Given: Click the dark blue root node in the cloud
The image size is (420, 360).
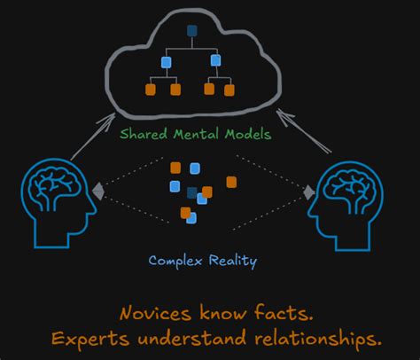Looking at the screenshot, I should pyautogui.click(x=191, y=32).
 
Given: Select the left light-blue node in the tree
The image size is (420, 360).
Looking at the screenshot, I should pyautogui.click(x=166, y=62).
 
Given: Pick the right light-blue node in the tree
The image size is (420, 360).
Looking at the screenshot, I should pyautogui.click(x=215, y=62).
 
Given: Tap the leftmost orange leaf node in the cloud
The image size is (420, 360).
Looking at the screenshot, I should pyautogui.click(x=151, y=89).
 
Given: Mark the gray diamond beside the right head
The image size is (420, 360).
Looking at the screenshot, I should pyautogui.click(x=309, y=192).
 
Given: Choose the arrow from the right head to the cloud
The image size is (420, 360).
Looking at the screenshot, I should pyautogui.click(x=306, y=133).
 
